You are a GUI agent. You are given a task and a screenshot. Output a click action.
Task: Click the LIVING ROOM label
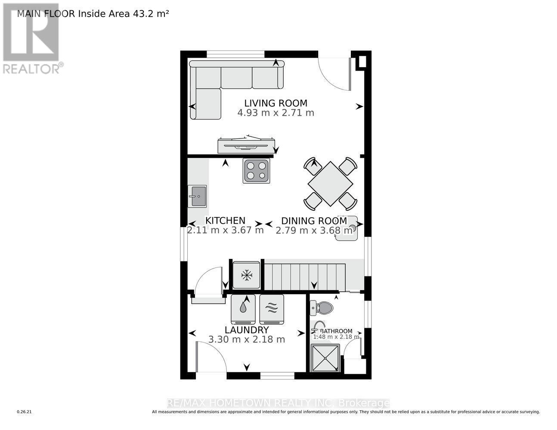[x=275, y=103]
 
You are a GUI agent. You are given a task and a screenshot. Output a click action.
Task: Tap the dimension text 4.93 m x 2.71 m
[x=275, y=113]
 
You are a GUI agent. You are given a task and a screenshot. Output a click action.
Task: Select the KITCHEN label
[x=225, y=221]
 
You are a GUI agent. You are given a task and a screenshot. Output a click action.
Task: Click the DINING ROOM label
[x=314, y=221]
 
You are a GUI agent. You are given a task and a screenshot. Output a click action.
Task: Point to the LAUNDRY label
[x=247, y=330]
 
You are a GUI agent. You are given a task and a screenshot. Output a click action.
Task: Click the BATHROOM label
[x=337, y=331]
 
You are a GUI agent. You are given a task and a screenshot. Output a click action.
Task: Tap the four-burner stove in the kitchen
[x=256, y=171]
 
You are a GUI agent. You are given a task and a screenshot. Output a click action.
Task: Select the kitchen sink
[x=197, y=197]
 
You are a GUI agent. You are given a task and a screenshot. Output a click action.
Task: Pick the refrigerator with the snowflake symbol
[x=246, y=275]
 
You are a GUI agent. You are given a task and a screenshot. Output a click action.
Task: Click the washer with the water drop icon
[x=243, y=309]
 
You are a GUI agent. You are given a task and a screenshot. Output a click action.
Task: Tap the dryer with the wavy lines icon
[x=272, y=309]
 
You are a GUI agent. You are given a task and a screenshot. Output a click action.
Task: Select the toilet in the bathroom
[x=322, y=307]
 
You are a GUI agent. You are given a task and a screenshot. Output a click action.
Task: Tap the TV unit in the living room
[x=246, y=145]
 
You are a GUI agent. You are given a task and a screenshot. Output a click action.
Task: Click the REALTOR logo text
[x=33, y=68]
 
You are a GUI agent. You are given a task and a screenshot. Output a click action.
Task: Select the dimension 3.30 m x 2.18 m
[x=247, y=339]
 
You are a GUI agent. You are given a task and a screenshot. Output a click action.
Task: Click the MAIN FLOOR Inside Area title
[x=93, y=13]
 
